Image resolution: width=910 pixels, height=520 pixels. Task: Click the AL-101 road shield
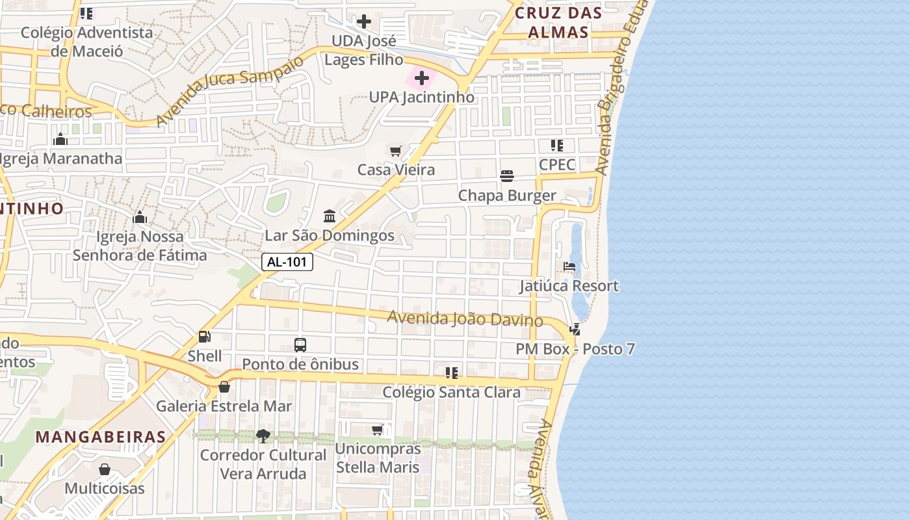pyautogui.click(x=287, y=262)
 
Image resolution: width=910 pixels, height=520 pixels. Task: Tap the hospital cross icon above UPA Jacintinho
pyautogui.click(x=422, y=79)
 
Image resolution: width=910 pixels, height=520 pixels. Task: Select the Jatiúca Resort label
pyautogui.click(x=569, y=286)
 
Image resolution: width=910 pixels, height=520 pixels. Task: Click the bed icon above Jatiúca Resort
pyautogui.click(x=569, y=267)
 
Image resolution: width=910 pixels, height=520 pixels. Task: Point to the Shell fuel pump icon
pyautogui.click(x=204, y=337)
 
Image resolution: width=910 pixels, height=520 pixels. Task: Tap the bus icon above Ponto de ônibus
pyautogui.click(x=300, y=345)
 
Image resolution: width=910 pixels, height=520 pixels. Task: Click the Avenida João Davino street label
pyautogui.click(x=465, y=319)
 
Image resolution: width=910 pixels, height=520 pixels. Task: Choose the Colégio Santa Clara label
pyautogui.click(x=451, y=392)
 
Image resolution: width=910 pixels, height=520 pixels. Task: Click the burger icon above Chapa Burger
pyautogui.click(x=507, y=176)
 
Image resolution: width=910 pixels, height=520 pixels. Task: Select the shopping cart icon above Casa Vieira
pyautogui.click(x=395, y=151)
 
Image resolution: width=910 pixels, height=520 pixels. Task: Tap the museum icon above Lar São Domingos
pyautogui.click(x=330, y=216)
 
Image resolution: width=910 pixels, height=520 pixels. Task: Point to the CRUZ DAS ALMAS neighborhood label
pyautogui.click(x=558, y=22)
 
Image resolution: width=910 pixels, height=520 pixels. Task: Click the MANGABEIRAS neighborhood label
pyautogui.click(x=101, y=437)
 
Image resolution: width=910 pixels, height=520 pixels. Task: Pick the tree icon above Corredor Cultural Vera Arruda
pyautogui.click(x=263, y=435)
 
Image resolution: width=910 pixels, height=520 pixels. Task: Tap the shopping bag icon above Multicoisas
pyautogui.click(x=105, y=469)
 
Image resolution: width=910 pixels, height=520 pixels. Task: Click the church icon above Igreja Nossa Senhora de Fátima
pyautogui.click(x=139, y=217)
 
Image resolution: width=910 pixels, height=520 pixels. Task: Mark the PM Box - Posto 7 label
pyautogui.click(x=575, y=349)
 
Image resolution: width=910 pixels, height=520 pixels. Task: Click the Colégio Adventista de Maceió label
pyautogui.click(x=87, y=41)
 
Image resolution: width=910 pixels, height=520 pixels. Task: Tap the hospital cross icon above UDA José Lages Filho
pyautogui.click(x=364, y=21)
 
